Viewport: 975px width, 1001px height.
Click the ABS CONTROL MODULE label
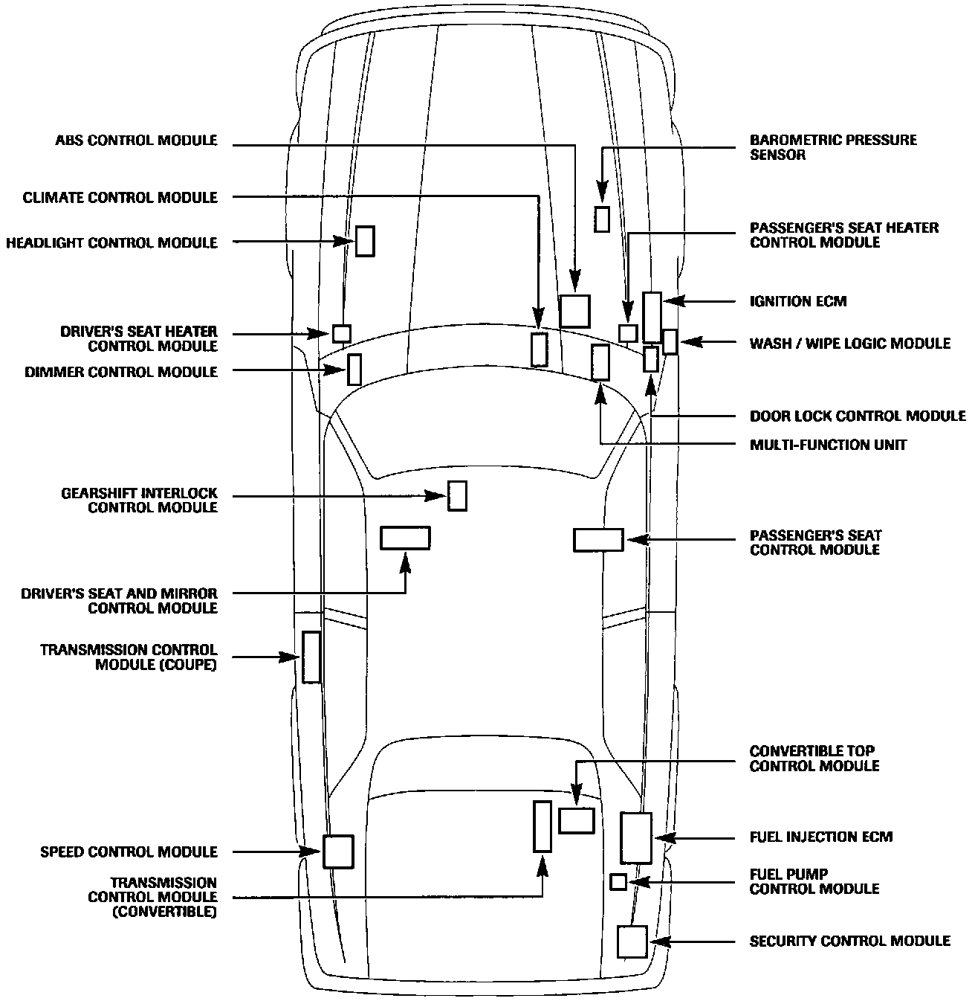136,141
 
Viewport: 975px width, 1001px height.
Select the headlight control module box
365,241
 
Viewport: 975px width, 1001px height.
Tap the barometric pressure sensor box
602,219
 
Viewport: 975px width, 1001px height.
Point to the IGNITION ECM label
798,301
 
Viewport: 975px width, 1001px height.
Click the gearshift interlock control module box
457,496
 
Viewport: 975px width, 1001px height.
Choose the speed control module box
338,852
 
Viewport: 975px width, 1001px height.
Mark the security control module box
632,942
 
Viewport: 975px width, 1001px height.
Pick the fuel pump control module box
618,882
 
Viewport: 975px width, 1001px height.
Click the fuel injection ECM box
636,838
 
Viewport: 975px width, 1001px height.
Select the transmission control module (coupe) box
311,657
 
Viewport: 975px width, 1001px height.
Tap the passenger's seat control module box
598,540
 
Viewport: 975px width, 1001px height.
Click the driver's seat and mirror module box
405,538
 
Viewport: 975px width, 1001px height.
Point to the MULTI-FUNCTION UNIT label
828,445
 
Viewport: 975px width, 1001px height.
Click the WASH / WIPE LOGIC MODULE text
849,343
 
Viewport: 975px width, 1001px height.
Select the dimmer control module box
354,370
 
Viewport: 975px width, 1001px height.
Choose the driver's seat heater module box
342,333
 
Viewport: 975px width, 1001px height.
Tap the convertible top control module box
577,820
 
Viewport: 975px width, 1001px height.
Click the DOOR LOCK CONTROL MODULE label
858,416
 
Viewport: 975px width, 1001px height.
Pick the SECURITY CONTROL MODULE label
849,942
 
